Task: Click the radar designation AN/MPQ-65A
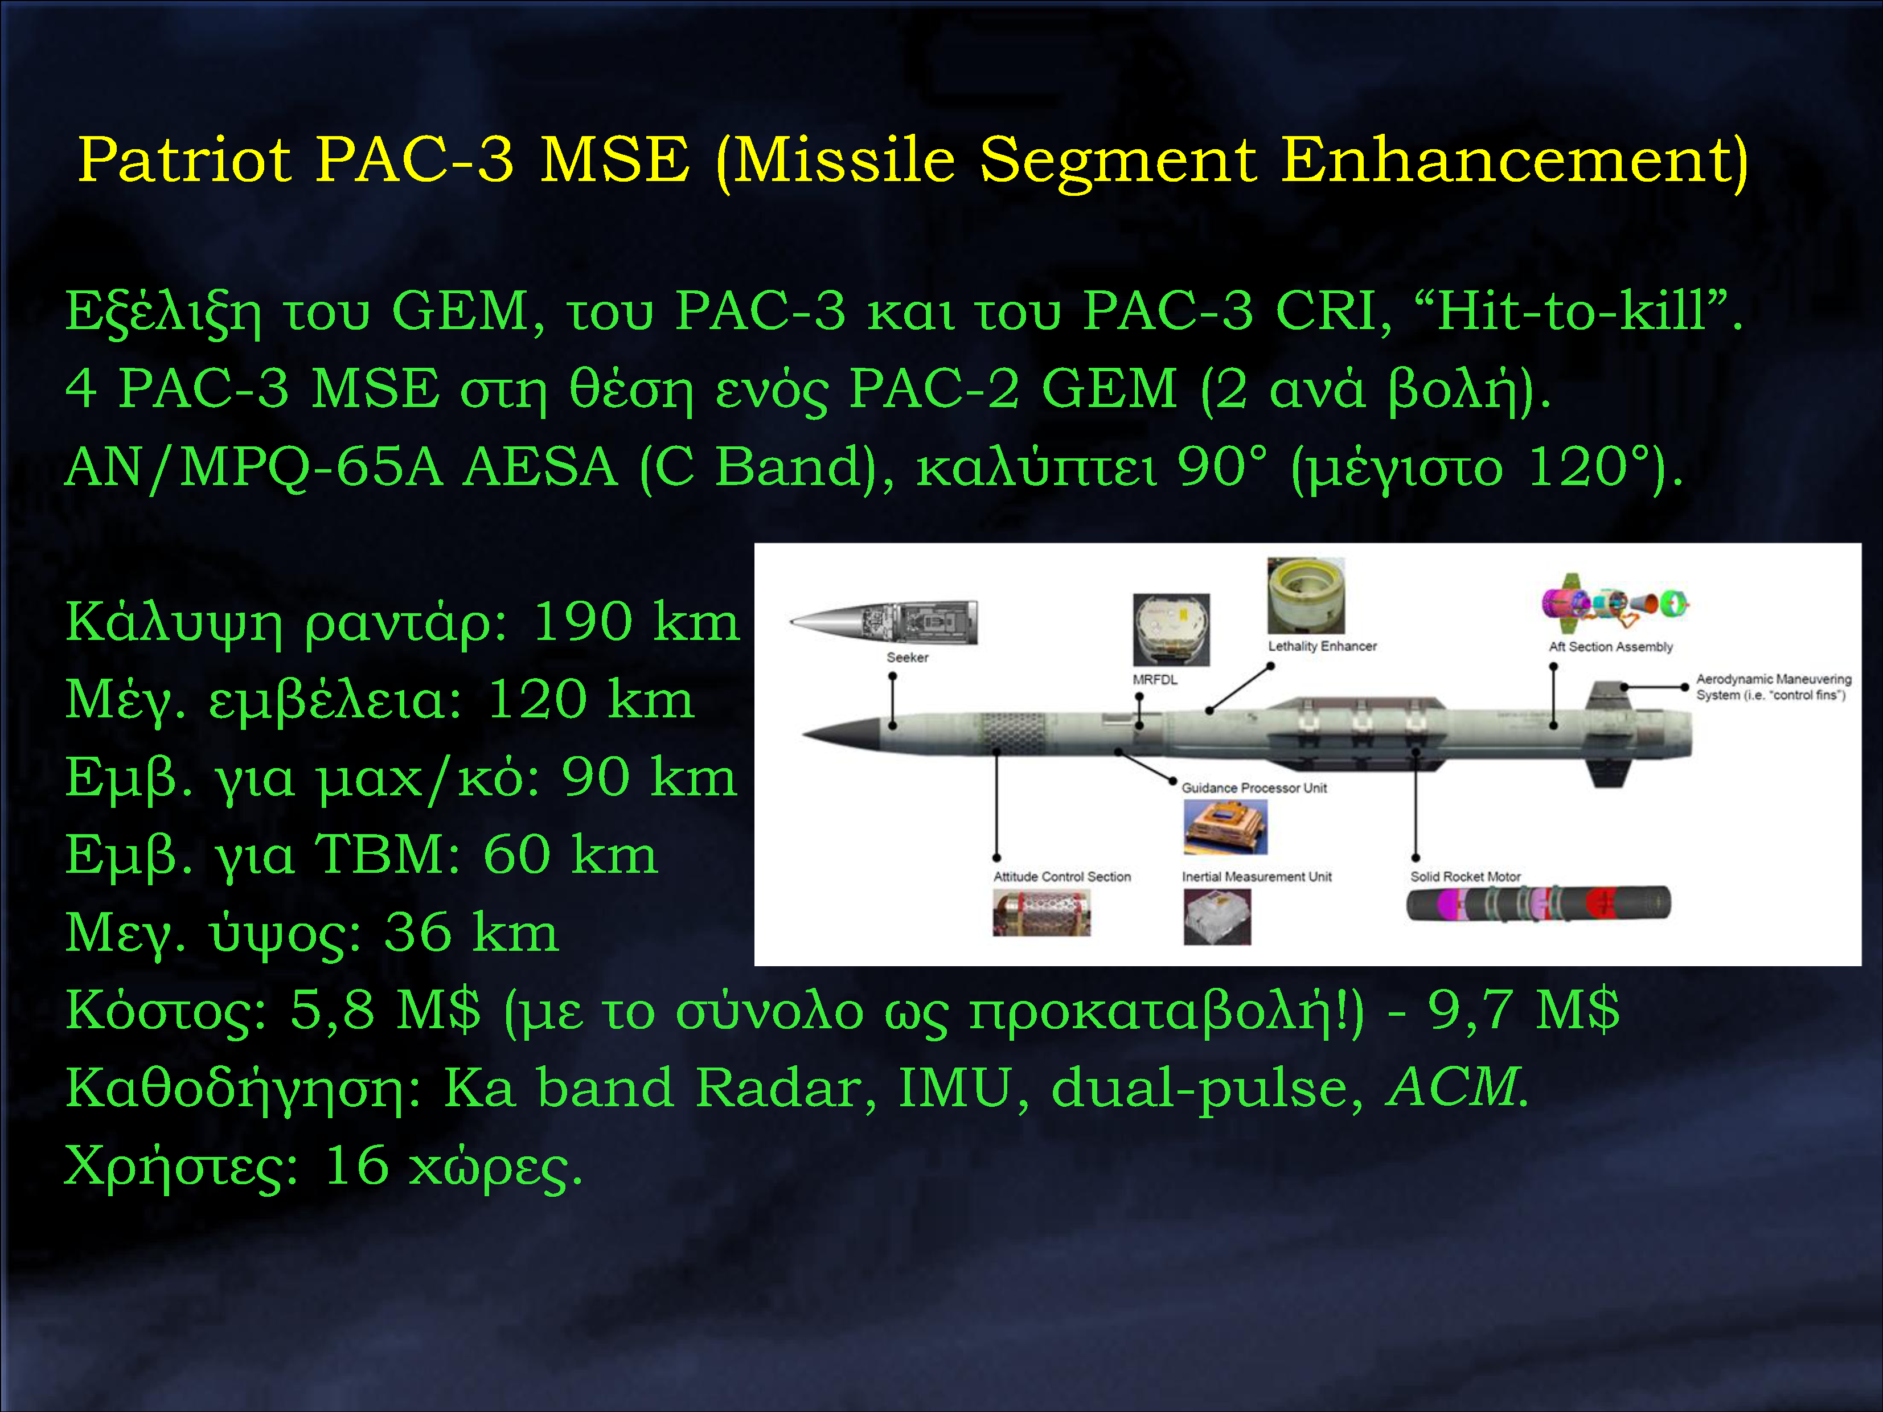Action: [254, 467]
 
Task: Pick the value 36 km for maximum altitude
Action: [471, 932]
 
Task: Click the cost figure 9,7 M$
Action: [1524, 1010]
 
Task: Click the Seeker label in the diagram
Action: [908, 657]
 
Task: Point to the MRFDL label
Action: [1155, 679]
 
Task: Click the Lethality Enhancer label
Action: [1322, 646]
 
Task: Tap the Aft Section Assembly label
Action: [1611, 647]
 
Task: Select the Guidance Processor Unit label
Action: [1254, 788]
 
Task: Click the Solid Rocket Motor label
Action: [1465, 877]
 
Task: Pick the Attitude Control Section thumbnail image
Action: [1041, 913]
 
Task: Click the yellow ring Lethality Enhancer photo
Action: [1306, 595]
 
